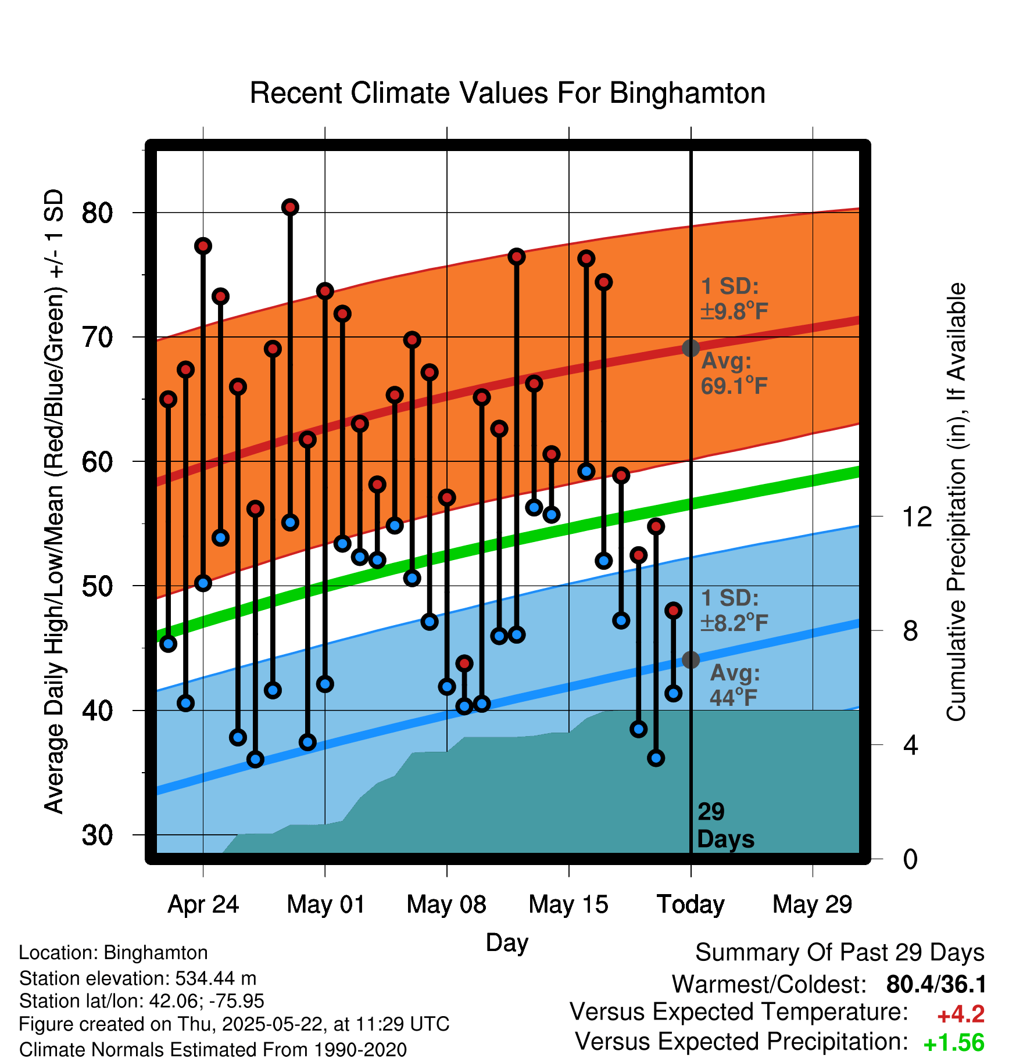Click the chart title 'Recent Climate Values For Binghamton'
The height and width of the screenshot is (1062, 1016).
coord(507,93)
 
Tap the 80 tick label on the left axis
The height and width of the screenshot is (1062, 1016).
coord(97,213)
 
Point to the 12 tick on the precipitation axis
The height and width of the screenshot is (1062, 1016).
coord(917,516)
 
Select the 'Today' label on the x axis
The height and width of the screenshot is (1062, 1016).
coord(691,905)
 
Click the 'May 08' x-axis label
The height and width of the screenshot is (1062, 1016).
coord(446,905)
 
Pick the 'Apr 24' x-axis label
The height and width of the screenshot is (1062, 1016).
coord(203,905)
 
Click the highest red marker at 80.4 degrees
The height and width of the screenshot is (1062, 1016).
coord(290,207)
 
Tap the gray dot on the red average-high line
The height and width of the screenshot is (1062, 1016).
coord(691,348)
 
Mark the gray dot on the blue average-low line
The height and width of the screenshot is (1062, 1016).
coord(691,660)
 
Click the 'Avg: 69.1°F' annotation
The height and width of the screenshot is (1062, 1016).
coord(734,374)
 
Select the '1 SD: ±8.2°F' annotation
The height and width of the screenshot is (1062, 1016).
coord(734,610)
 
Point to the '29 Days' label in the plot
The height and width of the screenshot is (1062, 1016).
coord(725,826)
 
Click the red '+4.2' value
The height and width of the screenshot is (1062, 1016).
coord(961,1014)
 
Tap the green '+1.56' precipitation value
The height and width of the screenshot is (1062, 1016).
coord(954,1043)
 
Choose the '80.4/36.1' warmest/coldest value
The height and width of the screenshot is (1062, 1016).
coord(936,984)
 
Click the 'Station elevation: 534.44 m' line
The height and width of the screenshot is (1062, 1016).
coord(138,978)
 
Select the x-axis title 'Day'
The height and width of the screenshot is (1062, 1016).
coord(507,943)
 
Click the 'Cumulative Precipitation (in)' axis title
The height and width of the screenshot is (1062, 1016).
coord(956,502)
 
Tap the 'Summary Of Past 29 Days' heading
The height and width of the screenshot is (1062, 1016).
coord(839,953)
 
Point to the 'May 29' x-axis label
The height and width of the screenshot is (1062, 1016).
coord(812,905)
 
